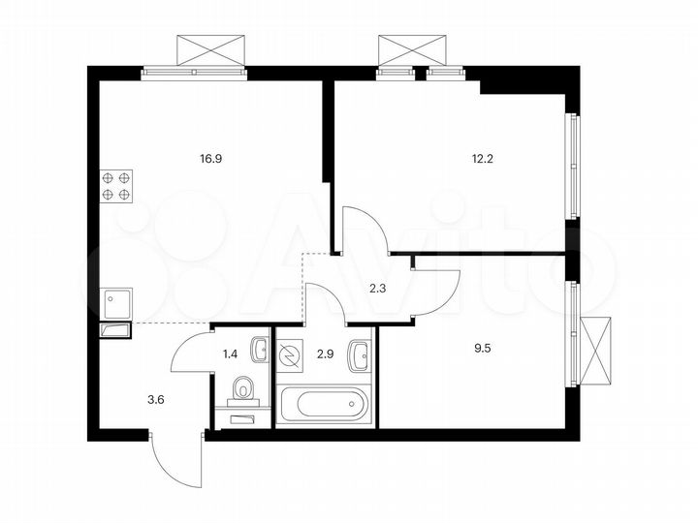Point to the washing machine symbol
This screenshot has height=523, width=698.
(290, 358)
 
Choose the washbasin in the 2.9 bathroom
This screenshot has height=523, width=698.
(361, 352)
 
